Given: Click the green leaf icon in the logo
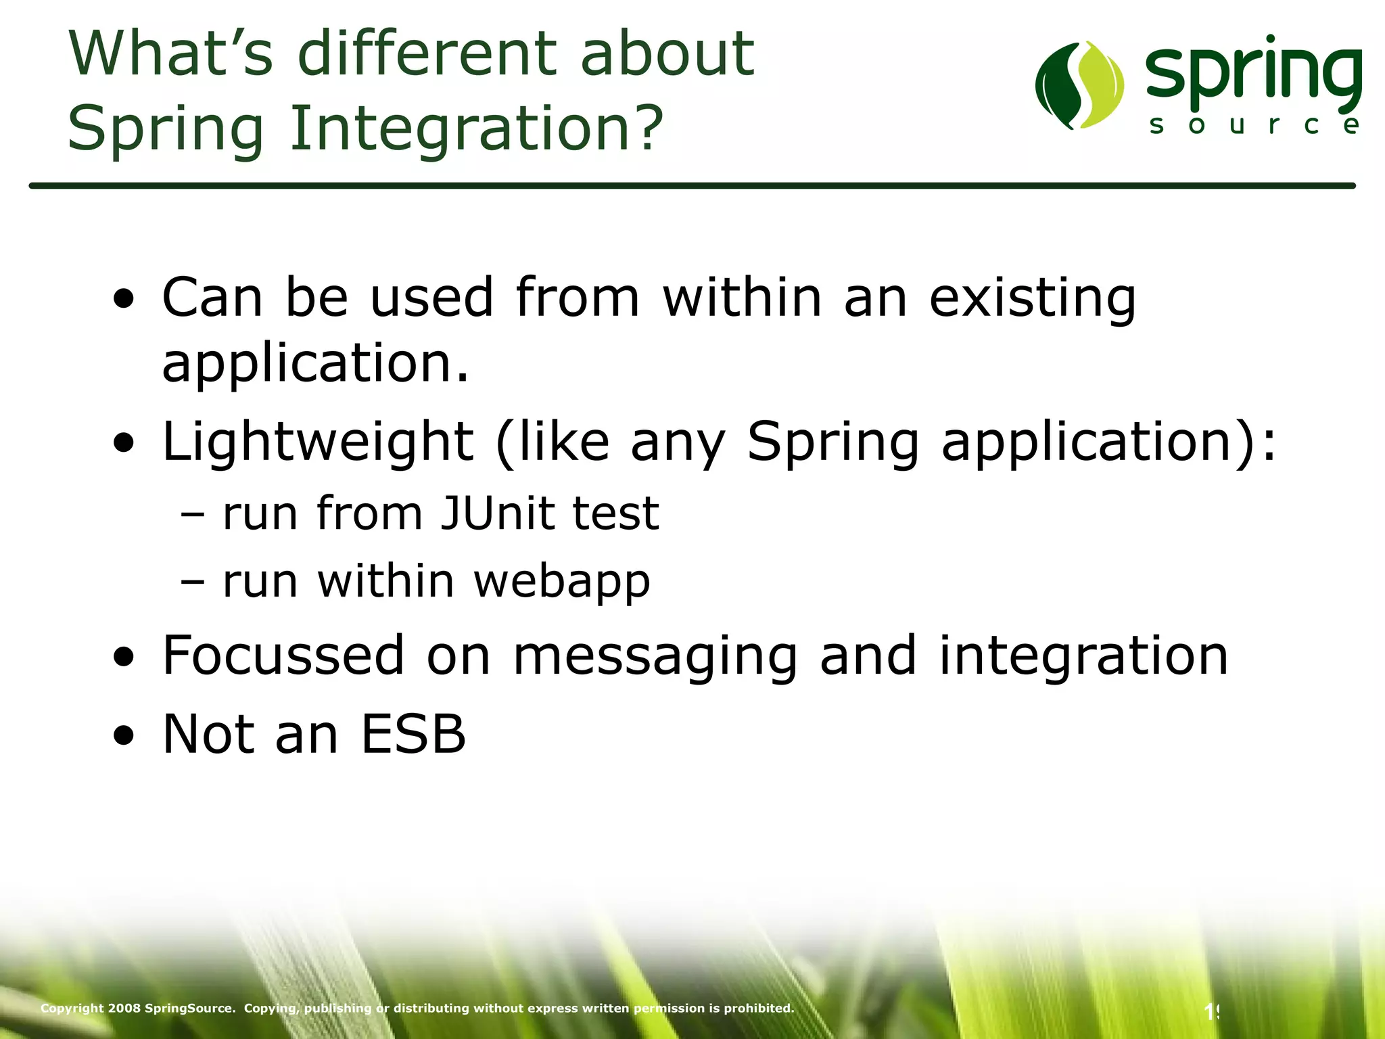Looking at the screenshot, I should (x=1079, y=85).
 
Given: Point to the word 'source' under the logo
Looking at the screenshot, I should (x=1255, y=125).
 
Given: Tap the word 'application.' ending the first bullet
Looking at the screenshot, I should (x=315, y=364).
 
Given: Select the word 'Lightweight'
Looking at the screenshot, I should (x=318, y=442).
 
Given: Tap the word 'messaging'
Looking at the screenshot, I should (x=655, y=656).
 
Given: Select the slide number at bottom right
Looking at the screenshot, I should (x=1211, y=1012).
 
